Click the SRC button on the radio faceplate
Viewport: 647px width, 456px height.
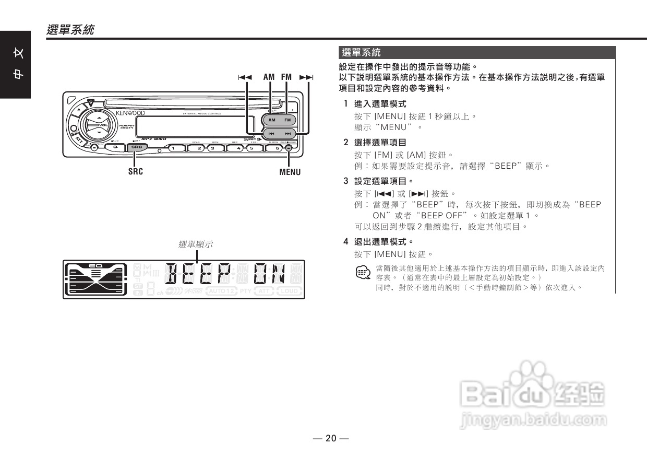coord(137,148)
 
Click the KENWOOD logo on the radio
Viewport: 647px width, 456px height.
coord(130,113)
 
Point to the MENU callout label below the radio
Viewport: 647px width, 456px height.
coord(290,172)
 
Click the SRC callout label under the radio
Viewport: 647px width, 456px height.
coord(136,171)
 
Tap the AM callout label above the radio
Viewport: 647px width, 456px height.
coord(269,77)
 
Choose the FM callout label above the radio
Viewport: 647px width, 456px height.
coord(286,77)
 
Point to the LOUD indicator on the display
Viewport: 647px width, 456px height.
coord(289,291)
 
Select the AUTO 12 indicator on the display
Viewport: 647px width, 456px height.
coord(222,291)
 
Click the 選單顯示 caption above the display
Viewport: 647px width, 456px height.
coord(196,244)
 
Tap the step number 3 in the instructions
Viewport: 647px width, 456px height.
coord(345,181)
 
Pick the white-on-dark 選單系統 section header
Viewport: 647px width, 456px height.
coord(361,53)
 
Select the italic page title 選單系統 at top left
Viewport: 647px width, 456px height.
coord(70,30)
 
